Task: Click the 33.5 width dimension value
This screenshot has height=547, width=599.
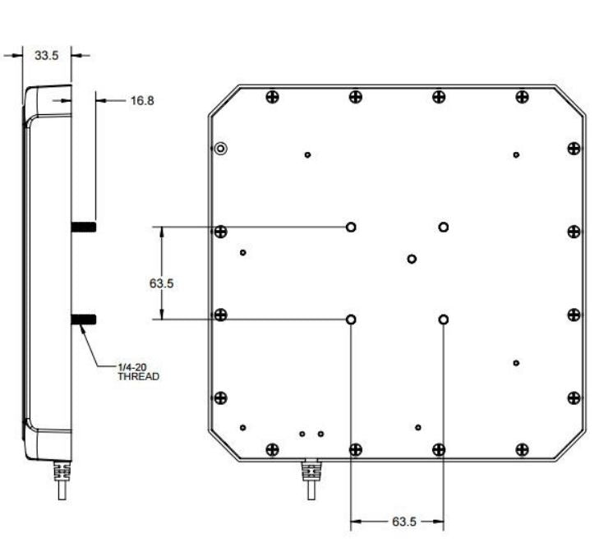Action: pos(45,56)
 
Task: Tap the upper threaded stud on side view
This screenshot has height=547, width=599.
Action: pos(84,227)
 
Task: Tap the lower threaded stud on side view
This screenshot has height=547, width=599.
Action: pos(84,319)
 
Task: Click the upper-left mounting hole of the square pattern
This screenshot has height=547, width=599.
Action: pos(352,227)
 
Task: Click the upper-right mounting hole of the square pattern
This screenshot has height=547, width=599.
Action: pos(444,227)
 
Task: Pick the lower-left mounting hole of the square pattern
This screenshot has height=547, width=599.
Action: pos(352,319)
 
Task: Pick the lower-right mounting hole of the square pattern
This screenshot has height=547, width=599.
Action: pos(444,319)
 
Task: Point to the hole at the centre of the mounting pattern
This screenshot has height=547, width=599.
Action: pos(412,260)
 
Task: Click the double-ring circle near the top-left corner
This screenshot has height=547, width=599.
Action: pos(220,149)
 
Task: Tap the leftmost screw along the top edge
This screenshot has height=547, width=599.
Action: pos(273,98)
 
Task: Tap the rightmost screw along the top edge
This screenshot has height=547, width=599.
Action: pos(522,98)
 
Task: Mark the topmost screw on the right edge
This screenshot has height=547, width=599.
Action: pos(574,149)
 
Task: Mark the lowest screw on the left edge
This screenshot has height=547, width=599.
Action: pos(220,398)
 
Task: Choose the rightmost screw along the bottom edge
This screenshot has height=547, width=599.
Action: pos(522,449)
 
